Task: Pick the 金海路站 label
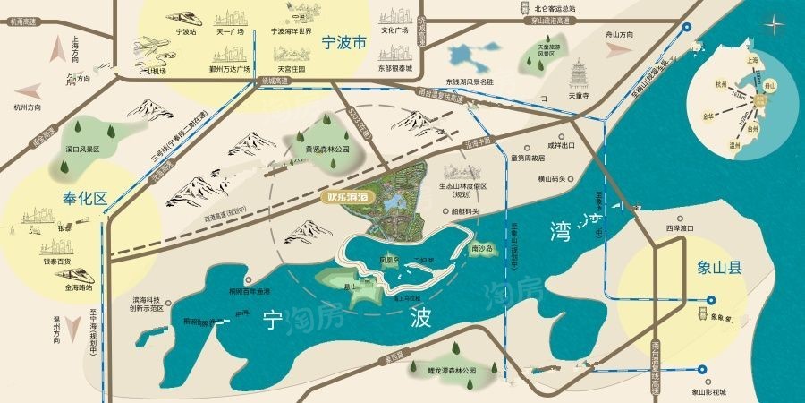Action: click(x=79, y=289)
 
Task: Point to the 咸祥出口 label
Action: click(x=561, y=143)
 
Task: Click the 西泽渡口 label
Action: click(x=680, y=229)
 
